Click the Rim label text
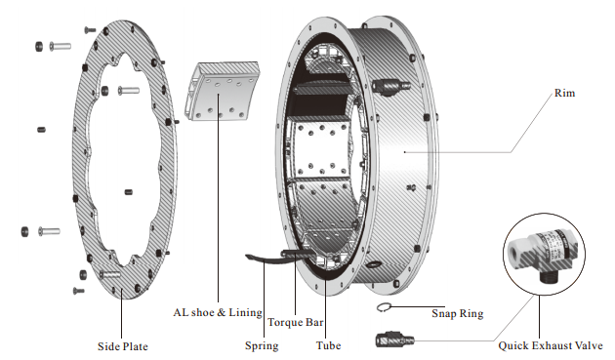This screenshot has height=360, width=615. coord(564,94)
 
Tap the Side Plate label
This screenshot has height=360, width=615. coord(123,346)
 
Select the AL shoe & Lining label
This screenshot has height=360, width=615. coord(218,312)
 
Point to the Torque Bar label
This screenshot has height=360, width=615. coord(296,322)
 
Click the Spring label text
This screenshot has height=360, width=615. coord(262,346)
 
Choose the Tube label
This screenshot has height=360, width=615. coord(328,345)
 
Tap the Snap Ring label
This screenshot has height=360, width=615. coord(457,314)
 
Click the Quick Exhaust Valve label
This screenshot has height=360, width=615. coord(551,345)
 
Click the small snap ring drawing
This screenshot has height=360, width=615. coord(384,307)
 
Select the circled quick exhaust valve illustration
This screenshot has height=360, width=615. coord(544,254)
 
